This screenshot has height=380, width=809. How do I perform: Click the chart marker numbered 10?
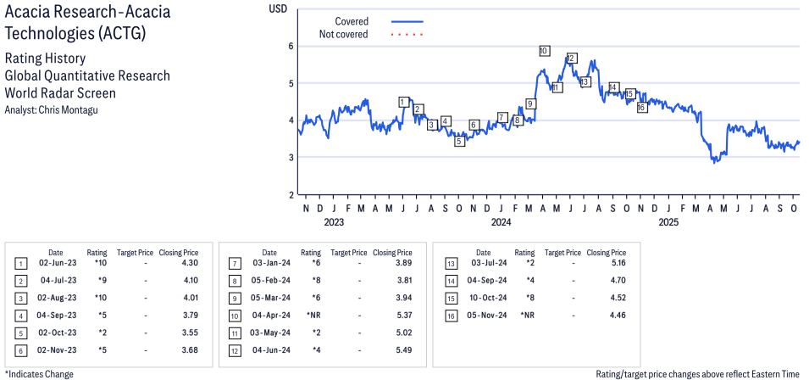tap(544, 51)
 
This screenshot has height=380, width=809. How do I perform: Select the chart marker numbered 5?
tap(459, 141)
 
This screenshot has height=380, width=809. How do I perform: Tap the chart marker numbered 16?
tap(641, 107)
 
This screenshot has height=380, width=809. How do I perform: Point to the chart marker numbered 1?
tap(403, 102)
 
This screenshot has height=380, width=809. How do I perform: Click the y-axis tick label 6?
tap(290, 46)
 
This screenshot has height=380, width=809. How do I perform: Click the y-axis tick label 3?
tap(290, 157)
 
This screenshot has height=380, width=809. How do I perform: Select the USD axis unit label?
tap(278, 8)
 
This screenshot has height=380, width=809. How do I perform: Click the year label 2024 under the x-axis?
tap(501, 223)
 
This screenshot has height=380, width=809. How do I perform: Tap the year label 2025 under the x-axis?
tap(669, 223)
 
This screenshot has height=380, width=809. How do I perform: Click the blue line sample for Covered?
tap(407, 21)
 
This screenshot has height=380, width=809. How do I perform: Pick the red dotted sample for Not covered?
tap(407, 35)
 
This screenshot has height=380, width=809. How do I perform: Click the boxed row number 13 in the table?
tap(451, 264)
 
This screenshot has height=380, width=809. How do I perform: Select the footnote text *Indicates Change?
tap(39, 373)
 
